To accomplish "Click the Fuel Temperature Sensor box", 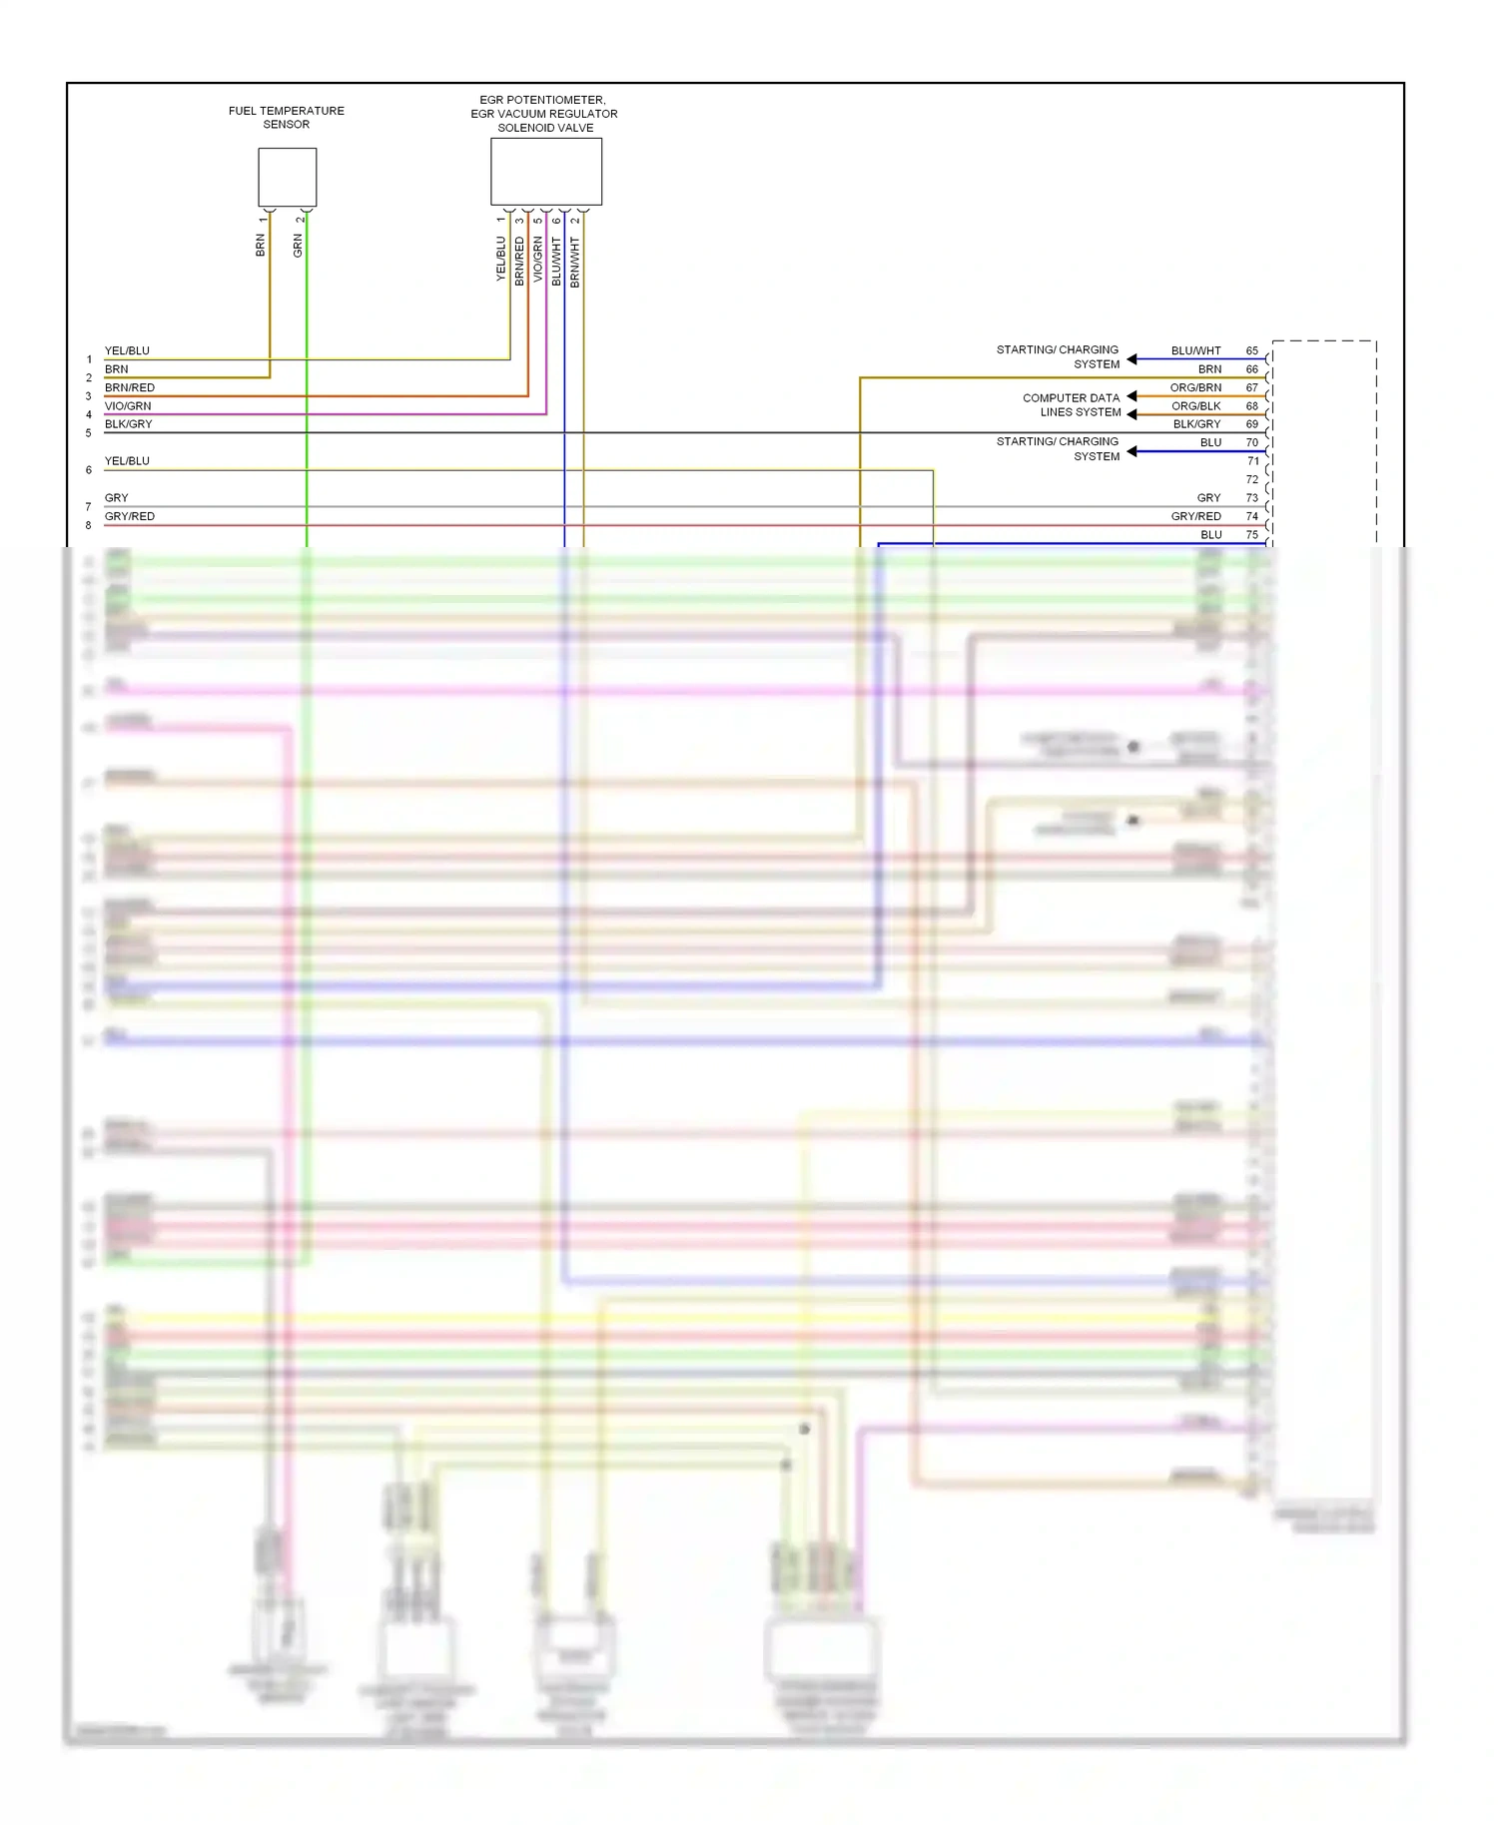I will click(x=288, y=178).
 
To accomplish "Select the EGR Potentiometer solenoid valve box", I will click(x=546, y=172).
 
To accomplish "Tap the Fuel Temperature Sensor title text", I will click(x=287, y=118).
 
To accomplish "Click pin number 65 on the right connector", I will click(x=1251, y=351).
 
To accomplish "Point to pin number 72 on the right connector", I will click(x=1252, y=480).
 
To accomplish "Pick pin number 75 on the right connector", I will click(x=1251, y=535).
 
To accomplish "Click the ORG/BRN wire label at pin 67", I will click(x=1195, y=388).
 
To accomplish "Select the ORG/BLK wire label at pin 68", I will click(x=1195, y=406).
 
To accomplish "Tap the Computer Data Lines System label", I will click(x=1071, y=405).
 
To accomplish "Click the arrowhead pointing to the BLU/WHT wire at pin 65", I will click(x=1132, y=359).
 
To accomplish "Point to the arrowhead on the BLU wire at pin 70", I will click(x=1132, y=452).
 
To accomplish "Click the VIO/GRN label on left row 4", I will click(x=128, y=406).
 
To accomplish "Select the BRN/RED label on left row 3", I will click(x=130, y=388).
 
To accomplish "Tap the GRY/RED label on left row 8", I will click(x=130, y=517).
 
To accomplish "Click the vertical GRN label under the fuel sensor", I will click(x=298, y=246).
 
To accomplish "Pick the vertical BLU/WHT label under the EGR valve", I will click(x=556, y=261).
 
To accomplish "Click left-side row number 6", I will click(x=89, y=470).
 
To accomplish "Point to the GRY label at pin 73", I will click(x=1208, y=498).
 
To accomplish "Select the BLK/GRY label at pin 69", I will click(x=1196, y=424).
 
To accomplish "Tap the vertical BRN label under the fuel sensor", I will click(x=261, y=246).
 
